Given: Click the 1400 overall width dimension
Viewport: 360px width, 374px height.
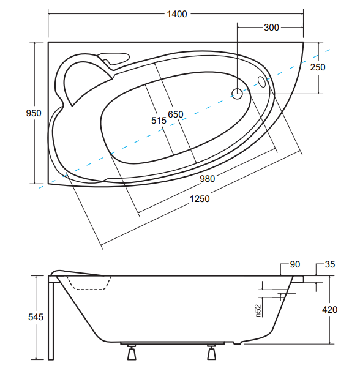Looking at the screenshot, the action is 177,14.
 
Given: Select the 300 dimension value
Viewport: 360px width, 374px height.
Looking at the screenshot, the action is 271,28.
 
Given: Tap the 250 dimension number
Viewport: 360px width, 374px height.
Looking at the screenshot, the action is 318,67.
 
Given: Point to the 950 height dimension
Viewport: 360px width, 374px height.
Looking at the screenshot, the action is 34,113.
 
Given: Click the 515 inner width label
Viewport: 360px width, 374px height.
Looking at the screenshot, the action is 159,121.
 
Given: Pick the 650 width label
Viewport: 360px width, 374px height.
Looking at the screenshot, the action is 176,114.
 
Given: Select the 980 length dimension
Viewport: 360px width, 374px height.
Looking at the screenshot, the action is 208,178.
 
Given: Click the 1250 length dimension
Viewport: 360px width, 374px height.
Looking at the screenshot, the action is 200,199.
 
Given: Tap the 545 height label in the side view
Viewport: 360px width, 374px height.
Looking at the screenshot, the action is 36,317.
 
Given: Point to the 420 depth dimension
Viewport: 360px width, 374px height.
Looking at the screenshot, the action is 330,310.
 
